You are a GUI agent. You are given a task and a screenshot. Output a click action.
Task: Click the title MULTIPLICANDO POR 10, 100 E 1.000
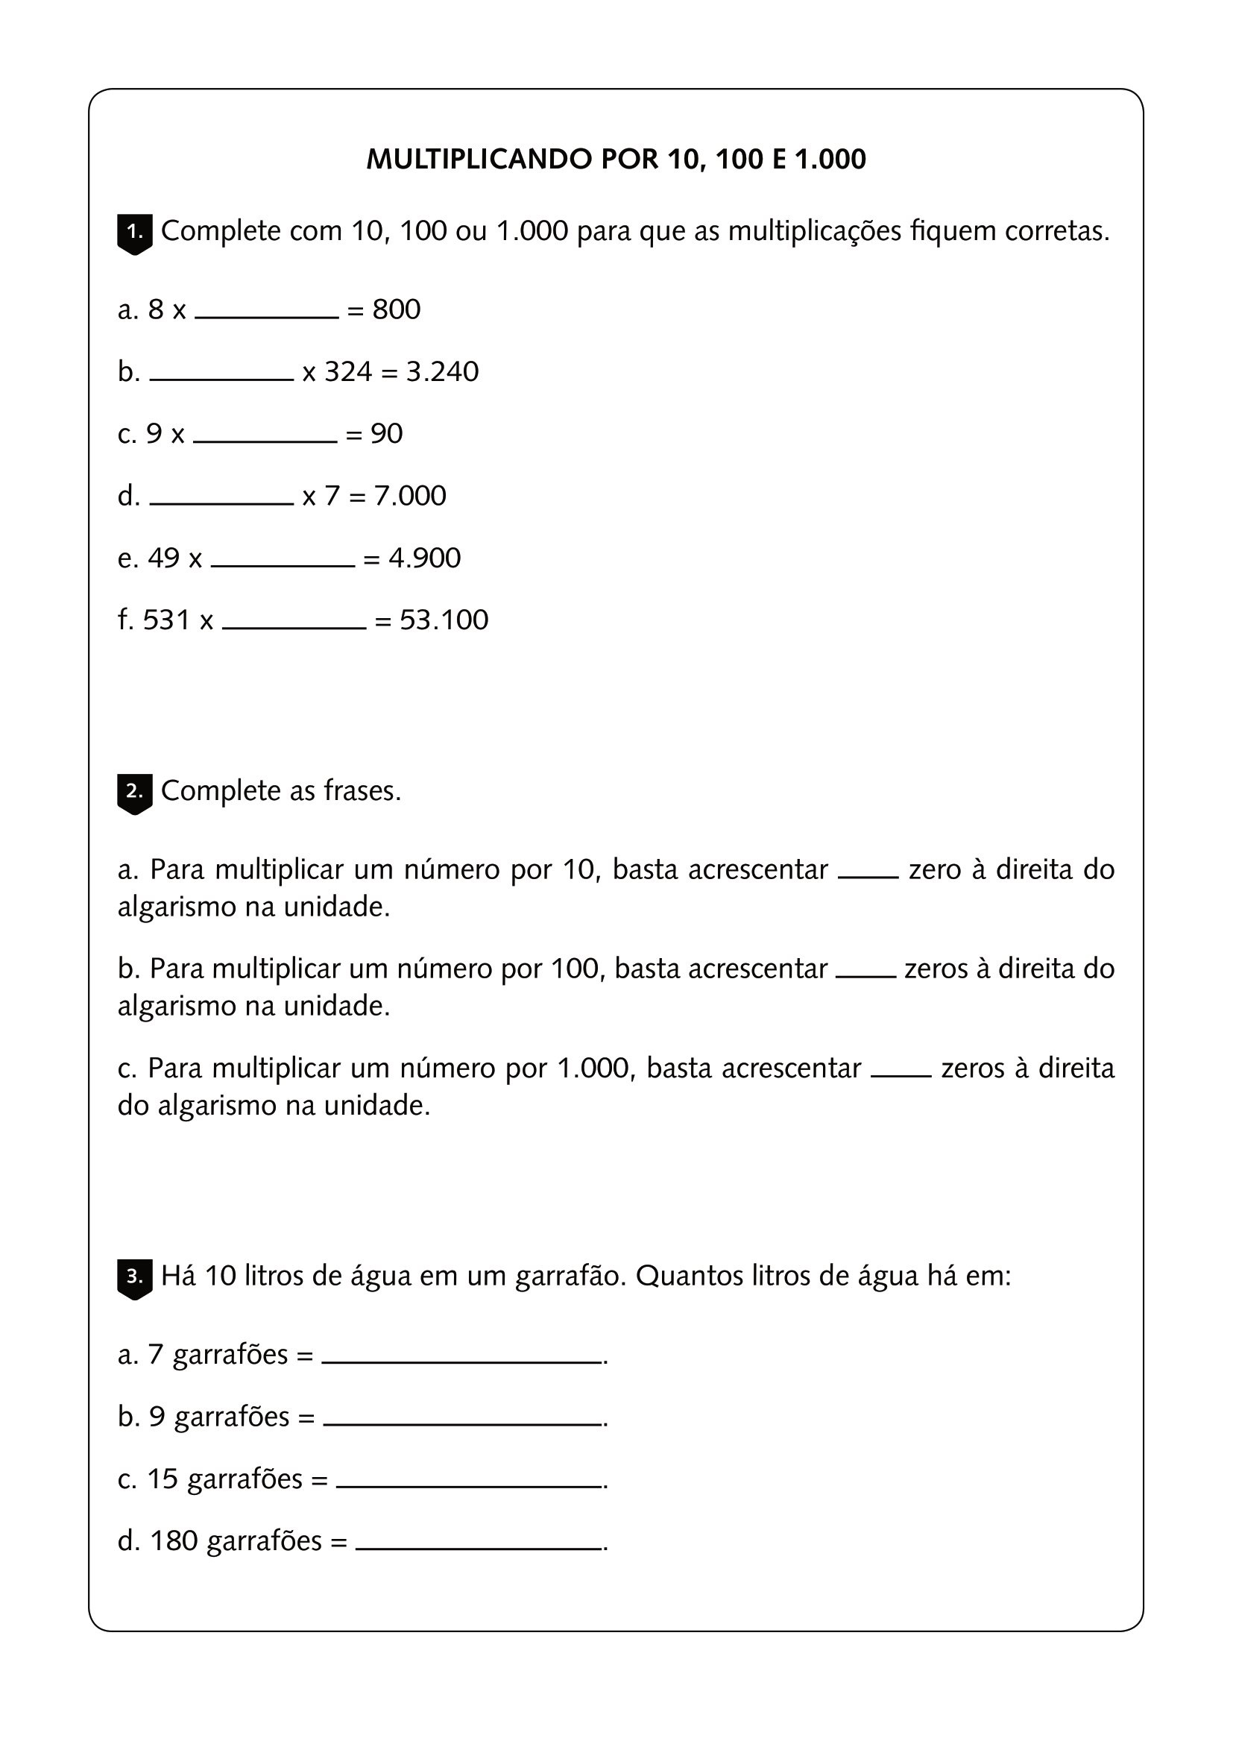(616, 160)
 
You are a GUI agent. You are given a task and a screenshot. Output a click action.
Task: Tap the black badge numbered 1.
(134, 233)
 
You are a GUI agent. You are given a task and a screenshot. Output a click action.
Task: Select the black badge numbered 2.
(134, 793)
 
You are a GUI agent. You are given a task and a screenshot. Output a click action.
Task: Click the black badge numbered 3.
(134, 1279)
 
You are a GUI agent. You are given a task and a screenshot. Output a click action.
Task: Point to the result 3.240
(443, 371)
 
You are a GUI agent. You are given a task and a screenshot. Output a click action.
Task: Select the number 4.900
(424, 558)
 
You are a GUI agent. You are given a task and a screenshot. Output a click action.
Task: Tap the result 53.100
(444, 620)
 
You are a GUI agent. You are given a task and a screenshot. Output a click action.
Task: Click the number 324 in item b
(348, 371)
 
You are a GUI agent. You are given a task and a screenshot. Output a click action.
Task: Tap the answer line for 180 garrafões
(479, 1547)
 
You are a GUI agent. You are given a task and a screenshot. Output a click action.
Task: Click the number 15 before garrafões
(162, 1479)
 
